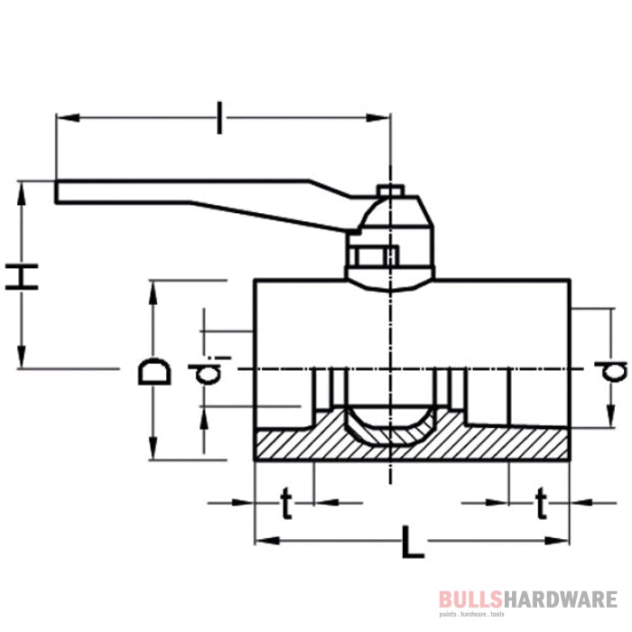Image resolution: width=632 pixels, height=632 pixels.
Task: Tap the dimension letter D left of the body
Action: pyautogui.click(x=154, y=371)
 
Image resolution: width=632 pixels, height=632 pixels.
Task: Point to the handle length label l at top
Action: pyautogui.click(x=218, y=118)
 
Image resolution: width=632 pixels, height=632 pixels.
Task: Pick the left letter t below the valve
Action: pyautogui.click(x=286, y=506)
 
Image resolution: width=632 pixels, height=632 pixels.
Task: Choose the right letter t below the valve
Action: pyautogui.click(x=541, y=506)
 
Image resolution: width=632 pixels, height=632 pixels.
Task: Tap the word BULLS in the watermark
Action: pyautogui.click(x=468, y=599)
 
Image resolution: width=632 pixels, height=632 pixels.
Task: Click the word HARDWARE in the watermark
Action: pyautogui.click(x=558, y=599)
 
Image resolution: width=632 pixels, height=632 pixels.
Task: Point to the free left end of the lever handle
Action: pyautogui.click(x=61, y=191)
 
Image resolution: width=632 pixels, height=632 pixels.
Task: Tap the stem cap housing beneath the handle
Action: pyautogui.click(x=390, y=244)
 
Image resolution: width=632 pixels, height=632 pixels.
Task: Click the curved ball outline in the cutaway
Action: pyautogui.click(x=389, y=434)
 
